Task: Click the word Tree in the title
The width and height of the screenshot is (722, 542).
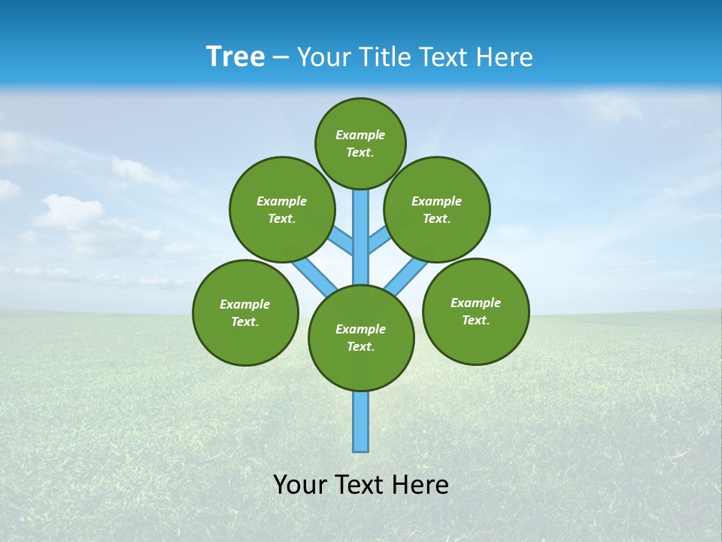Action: pos(235,57)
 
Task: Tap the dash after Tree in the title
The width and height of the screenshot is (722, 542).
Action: pos(281,58)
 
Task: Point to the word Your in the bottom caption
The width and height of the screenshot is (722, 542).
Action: pos(300,484)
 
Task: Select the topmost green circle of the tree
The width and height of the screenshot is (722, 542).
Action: pos(360,143)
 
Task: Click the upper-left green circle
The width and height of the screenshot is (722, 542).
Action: pos(282,209)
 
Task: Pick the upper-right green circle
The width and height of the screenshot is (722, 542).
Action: pos(437,209)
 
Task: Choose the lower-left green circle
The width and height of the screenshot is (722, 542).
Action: pos(245,312)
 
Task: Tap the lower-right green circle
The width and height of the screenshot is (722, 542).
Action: pos(475,311)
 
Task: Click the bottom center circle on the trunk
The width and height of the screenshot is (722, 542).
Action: pos(361,338)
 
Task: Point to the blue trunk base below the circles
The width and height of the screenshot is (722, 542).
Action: pos(361,422)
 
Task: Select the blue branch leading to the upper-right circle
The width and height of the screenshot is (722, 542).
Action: pos(379,239)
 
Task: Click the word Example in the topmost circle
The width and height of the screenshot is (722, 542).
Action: pos(360,135)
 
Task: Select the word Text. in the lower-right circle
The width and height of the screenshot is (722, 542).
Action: pos(475,320)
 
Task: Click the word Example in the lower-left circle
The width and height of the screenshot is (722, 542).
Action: pos(244,304)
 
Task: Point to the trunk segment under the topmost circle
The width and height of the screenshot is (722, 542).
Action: pos(361,233)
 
